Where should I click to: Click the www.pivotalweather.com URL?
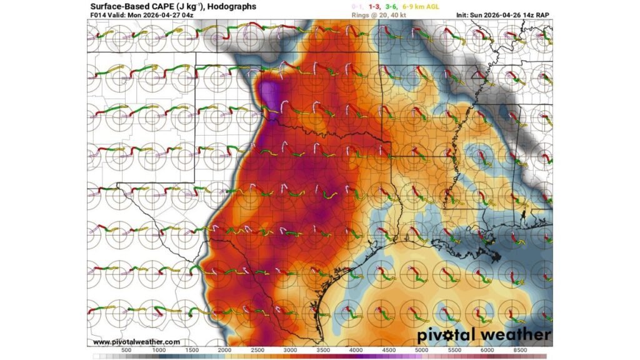(x=137, y=342)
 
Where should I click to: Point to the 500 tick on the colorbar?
(x=126, y=350)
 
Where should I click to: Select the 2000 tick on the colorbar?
(x=226, y=350)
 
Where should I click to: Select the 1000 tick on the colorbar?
(x=159, y=350)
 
